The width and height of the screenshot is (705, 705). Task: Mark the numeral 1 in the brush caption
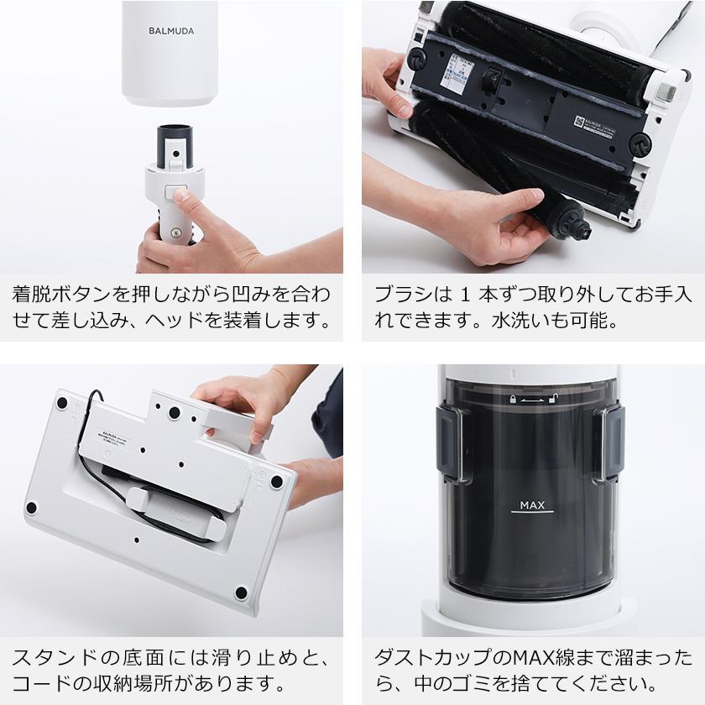pos(467,296)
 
